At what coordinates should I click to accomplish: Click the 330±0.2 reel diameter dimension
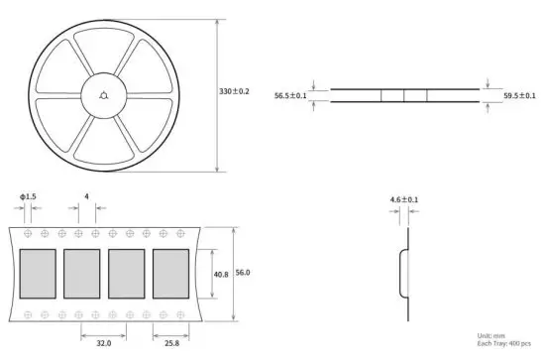tap(234, 91)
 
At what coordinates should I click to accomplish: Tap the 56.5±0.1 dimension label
tap(290, 95)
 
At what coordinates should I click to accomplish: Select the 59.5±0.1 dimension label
tap(519, 95)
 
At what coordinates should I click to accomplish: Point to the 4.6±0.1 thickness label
tap(404, 199)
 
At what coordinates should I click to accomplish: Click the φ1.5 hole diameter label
tap(28, 197)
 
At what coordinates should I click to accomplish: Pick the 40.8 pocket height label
tap(221, 275)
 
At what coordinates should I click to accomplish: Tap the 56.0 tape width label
tap(243, 273)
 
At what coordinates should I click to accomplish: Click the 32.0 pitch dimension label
tap(104, 343)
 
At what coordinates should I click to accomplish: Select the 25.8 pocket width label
tap(171, 343)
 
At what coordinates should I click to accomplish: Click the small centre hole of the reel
tap(104, 95)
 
